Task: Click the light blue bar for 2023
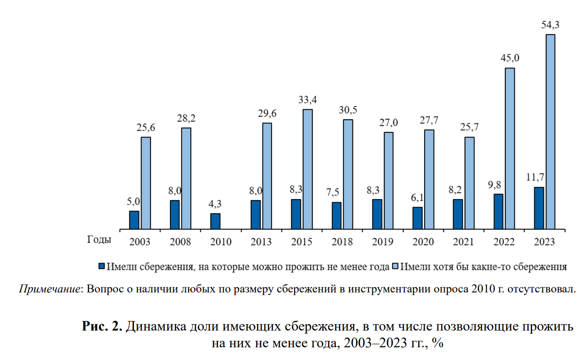pyautogui.click(x=550, y=131)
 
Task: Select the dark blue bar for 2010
pyautogui.click(x=215, y=221)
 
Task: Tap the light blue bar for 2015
pyautogui.click(x=308, y=169)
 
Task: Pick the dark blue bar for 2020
pyautogui.click(x=417, y=218)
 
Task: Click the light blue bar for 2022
pyautogui.click(x=510, y=148)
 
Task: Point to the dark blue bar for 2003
pyautogui.click(x=134, y=220)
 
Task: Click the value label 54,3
pyautogui.click(x=550, y=25)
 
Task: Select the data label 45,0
pyautogui.click(x=510, y=58)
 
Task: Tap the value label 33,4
pyautogui.click(x=308, y=100)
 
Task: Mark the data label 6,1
pyautogui.click(x=417, y=197)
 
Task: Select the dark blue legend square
pyautogui.click(x=102, y=266)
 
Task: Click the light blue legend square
pyautogui.click(x=396, y=266)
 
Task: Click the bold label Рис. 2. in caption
pyautogui.click(x=102, y=326)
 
